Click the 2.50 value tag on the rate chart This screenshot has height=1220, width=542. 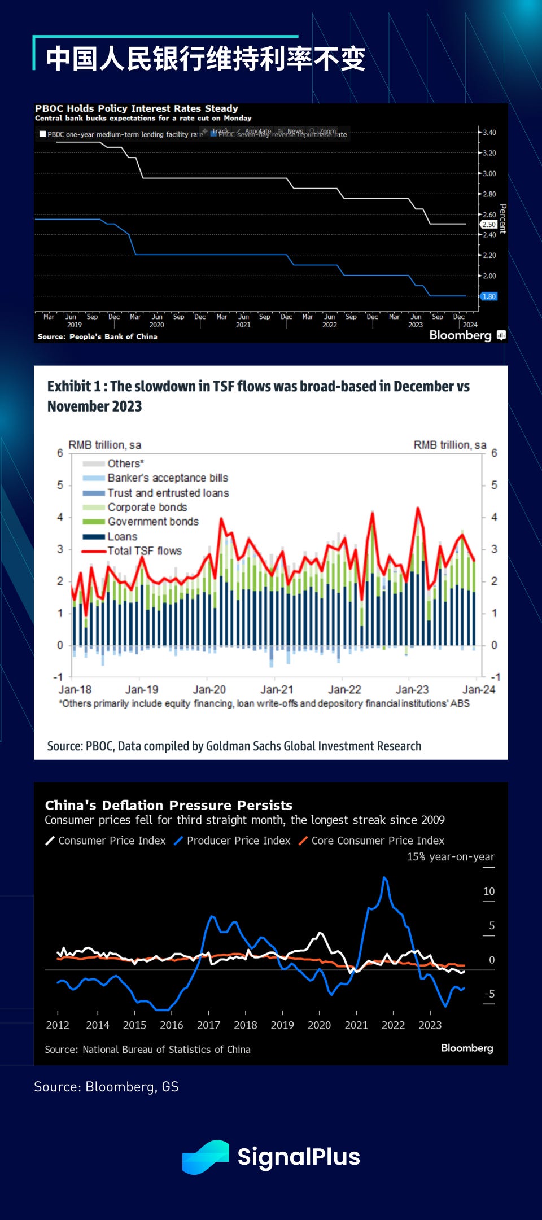point(488,225)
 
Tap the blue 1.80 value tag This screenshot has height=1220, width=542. point(488,296)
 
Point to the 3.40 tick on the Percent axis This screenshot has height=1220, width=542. point(489,133)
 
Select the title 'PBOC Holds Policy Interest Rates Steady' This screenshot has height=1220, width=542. point(137,108)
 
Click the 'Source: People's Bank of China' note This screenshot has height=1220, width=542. point(97,336)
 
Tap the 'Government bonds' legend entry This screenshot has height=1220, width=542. point(153,522)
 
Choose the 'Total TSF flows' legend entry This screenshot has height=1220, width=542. point(145,551)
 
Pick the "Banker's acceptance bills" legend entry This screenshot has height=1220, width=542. point(168,478)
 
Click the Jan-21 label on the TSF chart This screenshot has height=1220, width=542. point(277,690)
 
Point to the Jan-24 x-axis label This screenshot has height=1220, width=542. point(479,690)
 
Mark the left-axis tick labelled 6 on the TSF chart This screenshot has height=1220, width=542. point(60,453)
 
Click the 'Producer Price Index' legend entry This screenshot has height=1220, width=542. point(238,841)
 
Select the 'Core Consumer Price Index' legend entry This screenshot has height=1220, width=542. point(378,841)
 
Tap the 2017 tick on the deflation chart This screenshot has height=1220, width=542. point(208,1025)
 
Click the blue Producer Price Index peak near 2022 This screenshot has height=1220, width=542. point(384,878)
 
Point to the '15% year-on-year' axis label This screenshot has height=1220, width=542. point(451,857)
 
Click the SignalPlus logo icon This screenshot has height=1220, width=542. point(206,1157)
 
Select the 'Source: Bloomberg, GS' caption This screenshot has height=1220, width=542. point(106,1087)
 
